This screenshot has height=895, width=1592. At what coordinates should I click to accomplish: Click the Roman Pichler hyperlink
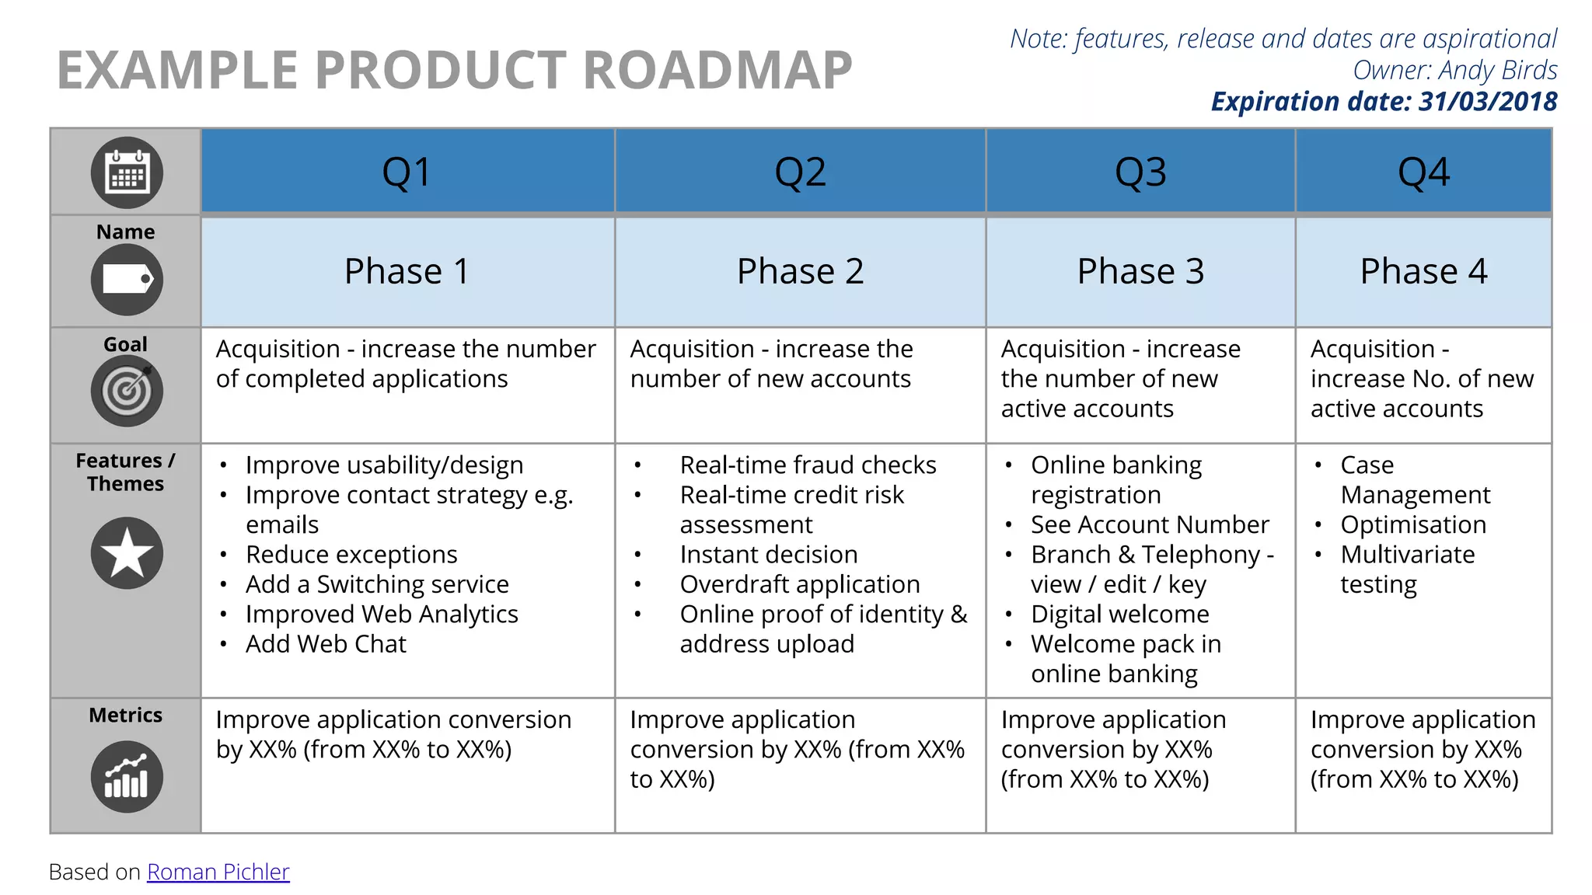pyautogui.click(x=218, y=872)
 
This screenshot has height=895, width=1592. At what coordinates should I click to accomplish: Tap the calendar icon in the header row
pyautogui.click(x=127, y=172)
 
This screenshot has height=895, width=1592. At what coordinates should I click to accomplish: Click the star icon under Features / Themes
pyautogui.click(x=127, y=553)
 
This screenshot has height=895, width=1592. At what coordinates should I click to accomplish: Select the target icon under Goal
pyautogui.click(x=127, y=391)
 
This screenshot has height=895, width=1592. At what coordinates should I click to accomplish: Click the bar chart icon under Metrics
pyautogui.click(x=127, y=777)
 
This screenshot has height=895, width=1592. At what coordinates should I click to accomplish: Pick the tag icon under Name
pyautogui.click(x=127, y=280)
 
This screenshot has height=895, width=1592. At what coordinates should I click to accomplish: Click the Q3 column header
pyautogui.click(x=1140, y=172)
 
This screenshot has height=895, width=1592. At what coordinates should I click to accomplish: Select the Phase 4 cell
pyautogui.click(x=1423, y=271)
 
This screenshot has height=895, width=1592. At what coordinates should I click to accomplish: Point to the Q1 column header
pyautogui.click(x=407, y=172)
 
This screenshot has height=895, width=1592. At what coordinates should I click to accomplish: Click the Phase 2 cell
pyautogui.click(x=800, y=271)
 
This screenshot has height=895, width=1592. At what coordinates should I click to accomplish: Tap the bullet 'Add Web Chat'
pyautogui.click(x=326, y=644)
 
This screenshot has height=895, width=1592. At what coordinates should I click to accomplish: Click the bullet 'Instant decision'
pyautogui.click(x=768, y=555)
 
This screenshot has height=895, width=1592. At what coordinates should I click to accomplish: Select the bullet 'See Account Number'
pyautogui.click(x=1150, y=524)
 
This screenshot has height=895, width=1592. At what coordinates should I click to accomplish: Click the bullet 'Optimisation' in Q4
pyautogui.click(x=1412, y=524)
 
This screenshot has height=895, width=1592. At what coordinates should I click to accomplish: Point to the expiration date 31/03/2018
pyautogui.click(x=1487, y=102)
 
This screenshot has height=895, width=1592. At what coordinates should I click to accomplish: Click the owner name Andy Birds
pyautogui.click(x=1497, y=70)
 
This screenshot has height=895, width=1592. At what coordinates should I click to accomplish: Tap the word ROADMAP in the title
pyautogui.click(x=717, y=70)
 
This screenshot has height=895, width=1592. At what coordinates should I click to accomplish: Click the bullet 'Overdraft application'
pyautogui.click(x=799, y=584)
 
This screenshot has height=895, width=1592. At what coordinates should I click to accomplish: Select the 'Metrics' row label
pyautogui.click(x=125, y=715)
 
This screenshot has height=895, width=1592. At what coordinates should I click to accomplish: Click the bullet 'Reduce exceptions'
pyautogui.click(x=351, y=555)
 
